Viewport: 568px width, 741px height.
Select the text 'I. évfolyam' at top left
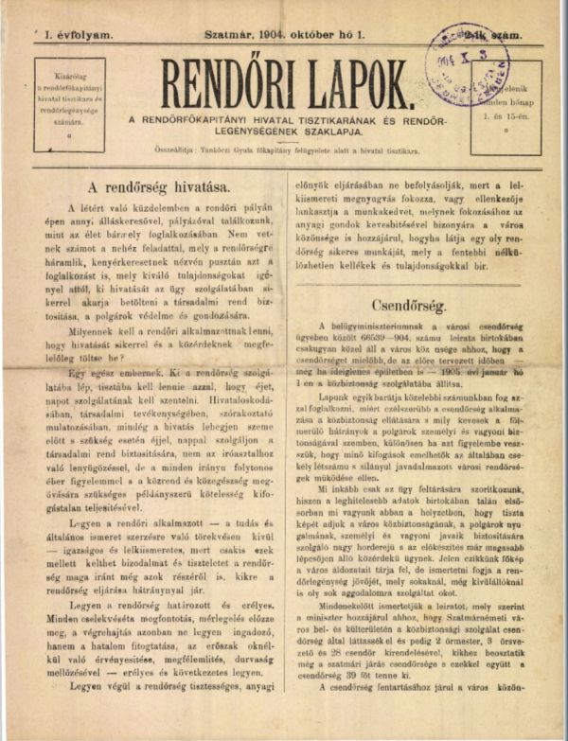(78, 34)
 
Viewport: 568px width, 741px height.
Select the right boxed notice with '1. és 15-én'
(506, 104)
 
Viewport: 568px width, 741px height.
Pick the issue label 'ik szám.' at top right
(507, 34)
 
